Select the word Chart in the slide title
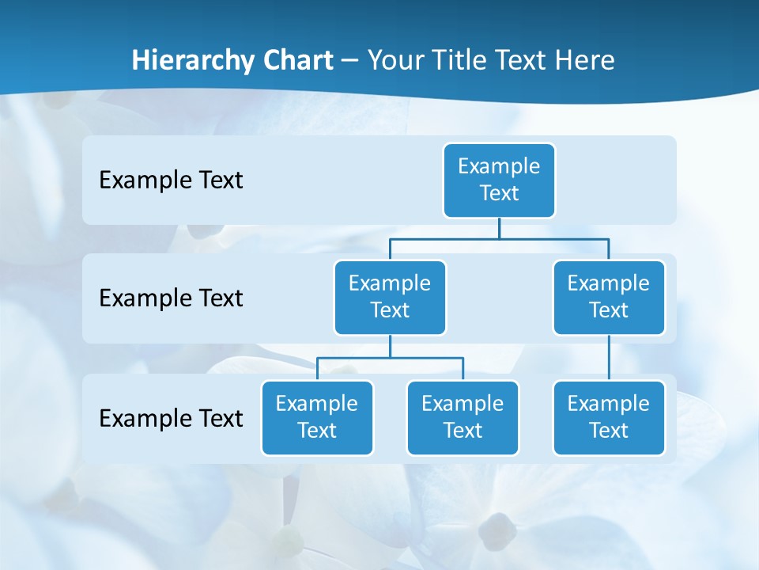[297, 60]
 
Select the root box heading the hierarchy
[499, 180]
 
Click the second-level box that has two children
[390, 297]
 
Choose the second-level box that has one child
[609, 297]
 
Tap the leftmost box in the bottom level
[317, 417]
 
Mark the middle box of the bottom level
[463, 417]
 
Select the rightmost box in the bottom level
[609, 417]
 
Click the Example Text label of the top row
[171, 180]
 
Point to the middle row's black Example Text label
[171, 298]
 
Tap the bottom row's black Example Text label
[171, 418]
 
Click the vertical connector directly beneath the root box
[499, 228]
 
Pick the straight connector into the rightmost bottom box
[609, 358]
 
